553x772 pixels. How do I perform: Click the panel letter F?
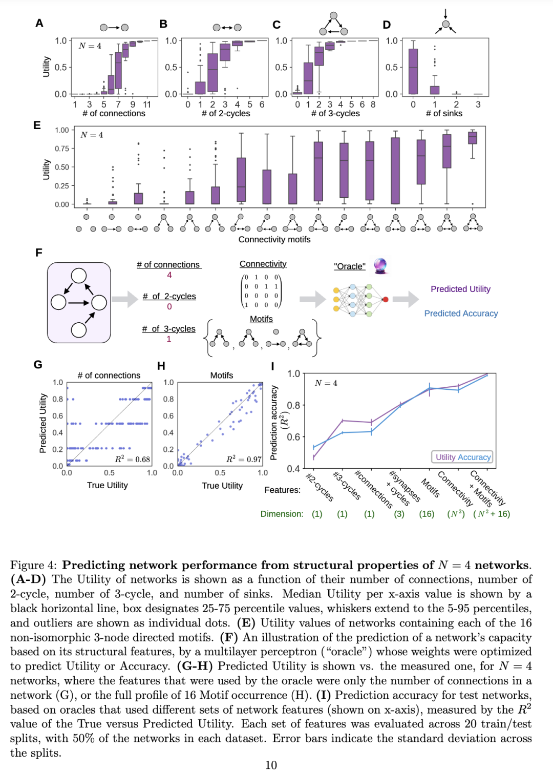pos(38,253)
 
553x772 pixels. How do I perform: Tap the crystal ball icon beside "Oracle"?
pos(380,266)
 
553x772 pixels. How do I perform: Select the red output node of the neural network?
pos(385,300)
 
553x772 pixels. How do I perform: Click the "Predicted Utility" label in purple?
pos(460,289)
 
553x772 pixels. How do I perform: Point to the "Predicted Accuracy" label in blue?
pos(461,314)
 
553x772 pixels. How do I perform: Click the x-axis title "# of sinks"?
pos(444,113)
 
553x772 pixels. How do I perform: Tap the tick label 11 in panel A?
pos(147,104)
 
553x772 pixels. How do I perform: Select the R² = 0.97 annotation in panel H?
pos(244,459)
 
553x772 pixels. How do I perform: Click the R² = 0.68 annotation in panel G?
pos(132,459)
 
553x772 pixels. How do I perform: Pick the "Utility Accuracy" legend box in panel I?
pos(462,457)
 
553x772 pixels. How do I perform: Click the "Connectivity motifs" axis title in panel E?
pos(274,240)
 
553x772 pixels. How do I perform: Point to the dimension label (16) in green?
pos(427,514)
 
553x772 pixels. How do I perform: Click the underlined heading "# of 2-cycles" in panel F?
pos(169,297)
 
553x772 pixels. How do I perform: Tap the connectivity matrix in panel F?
pos(261,291)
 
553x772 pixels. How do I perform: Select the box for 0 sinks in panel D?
pos(413,71)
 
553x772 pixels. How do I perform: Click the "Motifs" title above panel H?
pos(222,375)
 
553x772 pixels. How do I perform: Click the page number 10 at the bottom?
pos(271,765)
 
